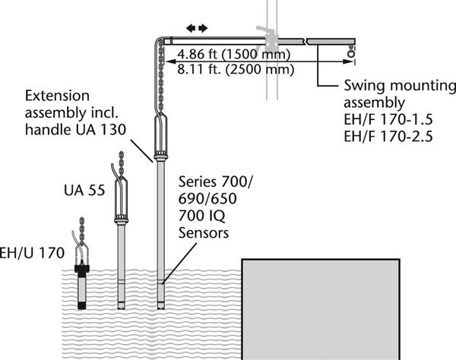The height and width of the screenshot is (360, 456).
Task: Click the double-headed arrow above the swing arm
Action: coord(196,28)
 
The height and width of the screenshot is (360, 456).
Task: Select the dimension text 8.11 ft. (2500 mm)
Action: coord(226,70)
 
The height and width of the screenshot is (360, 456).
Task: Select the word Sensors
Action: coord(203,234)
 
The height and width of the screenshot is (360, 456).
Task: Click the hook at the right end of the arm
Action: coord(352,53)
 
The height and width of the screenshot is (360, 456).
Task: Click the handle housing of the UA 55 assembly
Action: coord(119,199)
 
